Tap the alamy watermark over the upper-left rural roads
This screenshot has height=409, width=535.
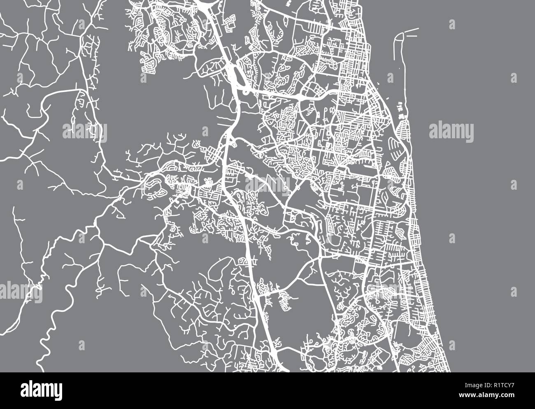pos(85,131)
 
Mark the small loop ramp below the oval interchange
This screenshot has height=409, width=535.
pos(246,91)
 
